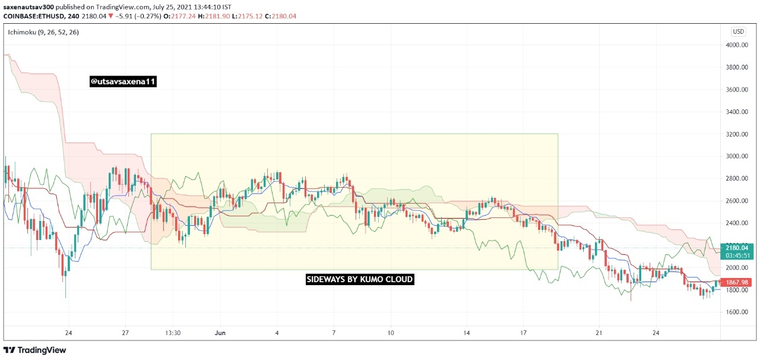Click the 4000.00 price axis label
click(737, 45)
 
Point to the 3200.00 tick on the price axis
click(737, 134)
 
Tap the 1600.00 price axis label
click(737, 312)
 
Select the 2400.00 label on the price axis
click(737, 223)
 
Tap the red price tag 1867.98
click(737, 282)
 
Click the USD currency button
click(738, 31)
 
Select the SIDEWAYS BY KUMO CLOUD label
click(360, 280)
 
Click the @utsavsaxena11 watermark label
click(123, 81)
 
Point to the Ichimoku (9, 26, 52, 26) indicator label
click(43, 32)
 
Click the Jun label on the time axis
click(220, 333)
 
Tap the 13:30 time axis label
click(173, 333)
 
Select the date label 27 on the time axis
click(125, 333)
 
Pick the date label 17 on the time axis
click(524, 333)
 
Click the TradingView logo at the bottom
click(34, 350)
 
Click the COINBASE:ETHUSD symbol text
click(34, 16)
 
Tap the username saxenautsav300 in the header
click(28, 7)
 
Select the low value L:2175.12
click(248, 16)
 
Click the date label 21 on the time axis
click(599, 333)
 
